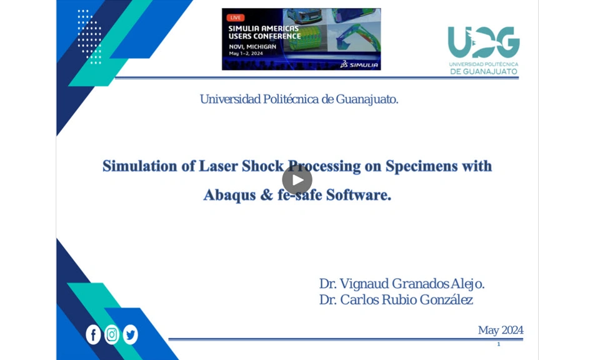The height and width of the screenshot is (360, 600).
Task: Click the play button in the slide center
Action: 297,179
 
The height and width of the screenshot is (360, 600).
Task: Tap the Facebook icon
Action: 93,334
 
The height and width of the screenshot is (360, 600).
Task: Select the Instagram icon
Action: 112,334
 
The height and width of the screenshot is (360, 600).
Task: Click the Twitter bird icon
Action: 131,334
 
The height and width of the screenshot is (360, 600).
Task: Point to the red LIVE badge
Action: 236,17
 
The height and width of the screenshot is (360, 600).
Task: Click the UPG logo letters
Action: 484,42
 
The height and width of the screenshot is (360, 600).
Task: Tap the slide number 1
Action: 499,344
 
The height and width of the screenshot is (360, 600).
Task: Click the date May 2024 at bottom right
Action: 501,330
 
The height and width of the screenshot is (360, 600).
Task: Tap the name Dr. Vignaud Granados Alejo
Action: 402,284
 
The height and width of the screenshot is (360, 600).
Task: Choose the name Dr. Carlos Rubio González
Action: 396,299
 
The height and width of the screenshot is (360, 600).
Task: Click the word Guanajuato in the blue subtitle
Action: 367,99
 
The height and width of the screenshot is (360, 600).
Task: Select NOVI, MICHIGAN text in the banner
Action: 252,47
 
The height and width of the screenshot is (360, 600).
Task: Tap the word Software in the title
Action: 359,195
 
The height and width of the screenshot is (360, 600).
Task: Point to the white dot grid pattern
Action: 89,37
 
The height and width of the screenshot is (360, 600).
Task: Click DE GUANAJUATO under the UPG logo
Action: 484,71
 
